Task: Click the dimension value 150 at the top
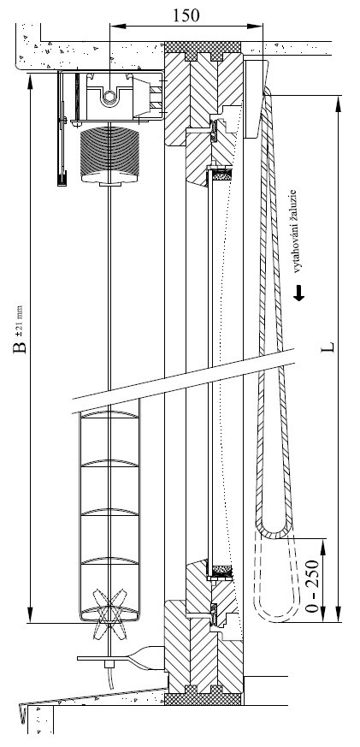[186, 15]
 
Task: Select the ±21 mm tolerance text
[20, 320]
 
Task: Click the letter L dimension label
[329, 346]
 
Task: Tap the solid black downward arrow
[299, 293]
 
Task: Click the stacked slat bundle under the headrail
[109, 156]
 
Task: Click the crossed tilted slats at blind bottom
[110, 612]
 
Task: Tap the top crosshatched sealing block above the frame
[203, 50]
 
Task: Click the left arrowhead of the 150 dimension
[115, 26]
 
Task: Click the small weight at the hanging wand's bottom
[62, 181]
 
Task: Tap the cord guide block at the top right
[257, 98]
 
